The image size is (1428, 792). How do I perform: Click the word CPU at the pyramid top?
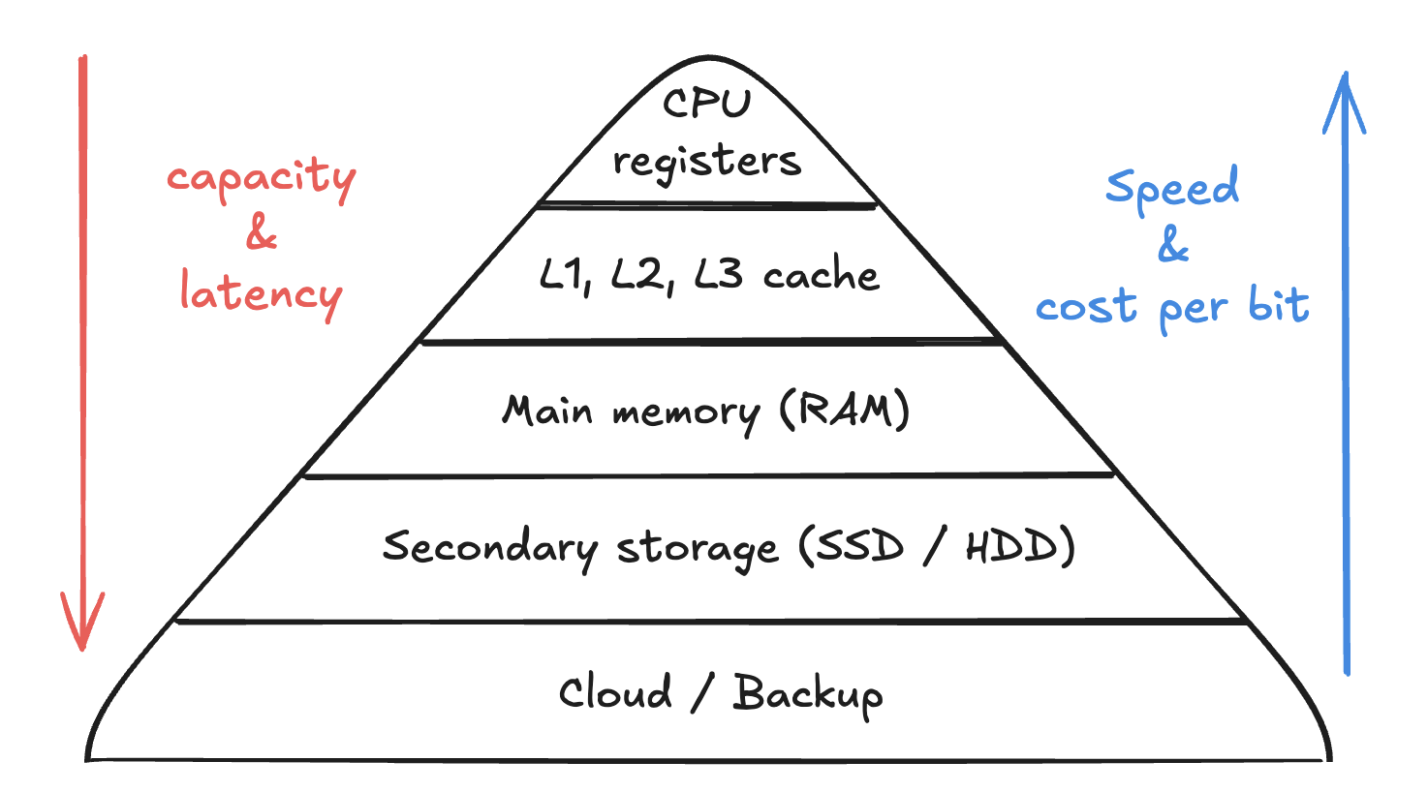(x=706, y=103)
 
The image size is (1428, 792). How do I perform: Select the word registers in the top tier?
(x=706, y=162)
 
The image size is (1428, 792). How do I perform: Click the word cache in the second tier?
(x=821, y=277)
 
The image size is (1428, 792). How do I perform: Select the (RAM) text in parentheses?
(x=845, y=411)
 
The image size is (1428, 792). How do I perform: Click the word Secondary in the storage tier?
(x=489, y=547)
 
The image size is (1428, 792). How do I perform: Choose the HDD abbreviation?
(x=1010, y=548)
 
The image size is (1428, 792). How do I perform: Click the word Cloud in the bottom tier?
(x=615, y=693)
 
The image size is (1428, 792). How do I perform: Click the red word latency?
(x=261, y=293)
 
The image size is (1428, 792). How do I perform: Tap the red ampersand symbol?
(x=262, y=233)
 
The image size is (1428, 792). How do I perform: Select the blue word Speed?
(x=1172, y=188)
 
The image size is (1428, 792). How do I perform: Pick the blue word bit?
(x=1279, y=305)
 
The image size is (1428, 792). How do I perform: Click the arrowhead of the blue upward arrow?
(x=1345, y=97)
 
